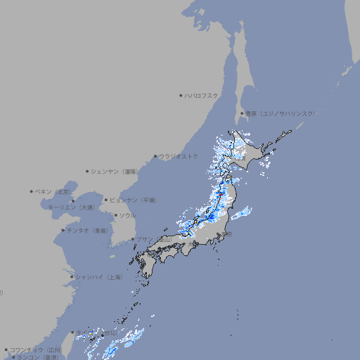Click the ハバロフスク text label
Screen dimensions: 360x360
(x=201, y=95)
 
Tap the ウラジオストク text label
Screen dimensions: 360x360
(x=179, y=156)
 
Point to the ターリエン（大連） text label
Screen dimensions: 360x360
(x=70, y=207)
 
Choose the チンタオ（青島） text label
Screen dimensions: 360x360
(x=87, y=230)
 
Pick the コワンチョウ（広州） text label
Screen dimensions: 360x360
(x=36, y=349)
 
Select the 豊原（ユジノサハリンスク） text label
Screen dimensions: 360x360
(x=280, y=113)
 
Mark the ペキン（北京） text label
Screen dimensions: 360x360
(x=53, y=191)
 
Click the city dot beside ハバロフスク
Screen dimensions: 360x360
(x=181, y=95)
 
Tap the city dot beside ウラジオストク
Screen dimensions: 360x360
(x=155, y=156)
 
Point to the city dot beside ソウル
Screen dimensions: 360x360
(x=115, y=215)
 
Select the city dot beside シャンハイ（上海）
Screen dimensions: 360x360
(x=72, y=277)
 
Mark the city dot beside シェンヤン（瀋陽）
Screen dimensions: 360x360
(x=87, y=171)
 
